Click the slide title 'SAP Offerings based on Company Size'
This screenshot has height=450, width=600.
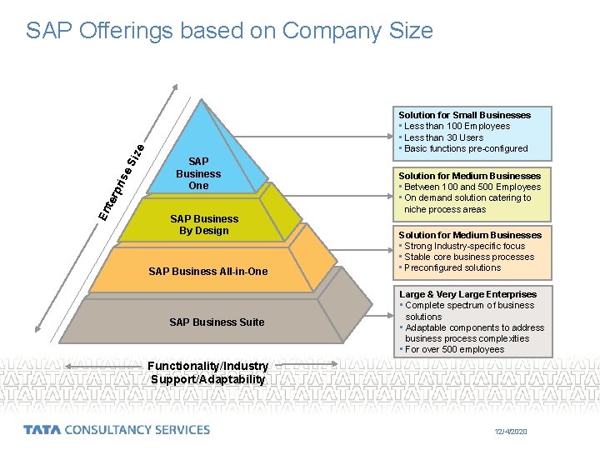click(229, 31)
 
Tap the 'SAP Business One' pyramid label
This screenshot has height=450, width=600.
click(198, 173)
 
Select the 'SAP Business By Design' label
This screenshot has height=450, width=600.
click(204, 225)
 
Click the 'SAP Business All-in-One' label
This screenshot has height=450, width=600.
click(207, 272)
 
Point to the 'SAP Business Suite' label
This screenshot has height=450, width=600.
click(217, 322)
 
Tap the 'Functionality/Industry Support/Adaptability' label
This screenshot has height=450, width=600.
click(207, 372)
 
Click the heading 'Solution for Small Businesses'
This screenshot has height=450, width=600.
click(464, 115)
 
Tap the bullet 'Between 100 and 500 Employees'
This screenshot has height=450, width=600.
click(472, 187)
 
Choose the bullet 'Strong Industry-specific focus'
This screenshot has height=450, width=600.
click(464, 246)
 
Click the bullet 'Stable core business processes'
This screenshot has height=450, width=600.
click(469, 257)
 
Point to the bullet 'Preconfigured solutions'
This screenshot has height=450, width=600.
click(452, 267)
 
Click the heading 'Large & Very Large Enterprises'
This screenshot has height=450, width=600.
click(467, 294)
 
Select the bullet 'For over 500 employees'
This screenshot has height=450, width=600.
click(454, 349)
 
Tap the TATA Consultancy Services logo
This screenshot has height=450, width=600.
click(117, 430)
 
